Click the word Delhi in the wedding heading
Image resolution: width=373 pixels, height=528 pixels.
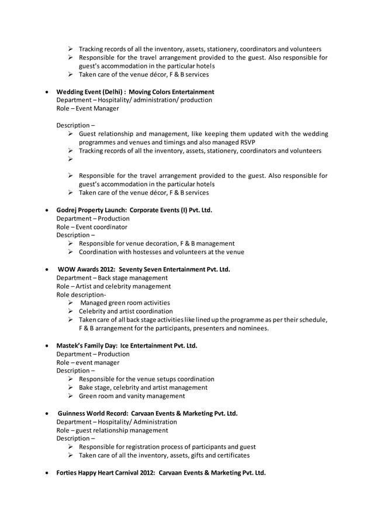point(110,92)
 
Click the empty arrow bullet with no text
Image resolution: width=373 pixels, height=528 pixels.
point(70,159)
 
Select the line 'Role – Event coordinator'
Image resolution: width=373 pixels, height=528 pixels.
point(92,227)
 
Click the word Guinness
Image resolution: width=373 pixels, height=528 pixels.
point(74,413)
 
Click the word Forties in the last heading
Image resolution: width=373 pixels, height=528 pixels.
point(68,472)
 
